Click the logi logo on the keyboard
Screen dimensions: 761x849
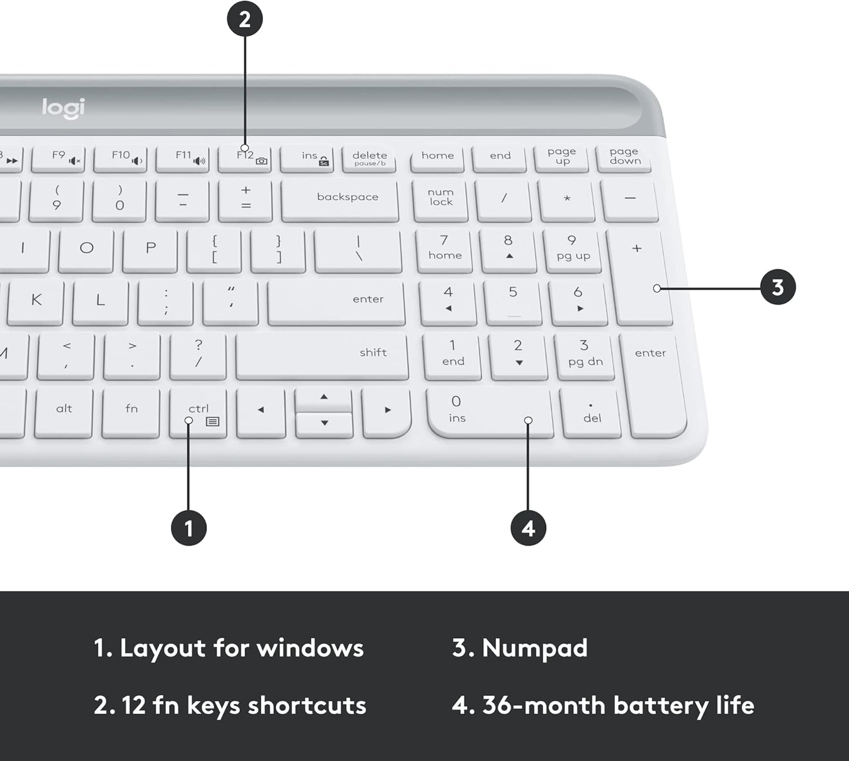(x=63, y=108)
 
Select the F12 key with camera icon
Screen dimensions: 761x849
(x=245, y=159)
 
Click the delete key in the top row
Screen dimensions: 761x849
(x=369, y=159)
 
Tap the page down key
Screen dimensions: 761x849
(x=624, y=157)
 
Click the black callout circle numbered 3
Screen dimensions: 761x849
(x=777, y=288)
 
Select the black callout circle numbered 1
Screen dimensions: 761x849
(x=189, y=528)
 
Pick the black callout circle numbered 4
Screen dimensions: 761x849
(x=528, y=528)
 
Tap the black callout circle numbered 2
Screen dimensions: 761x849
(x=244, y=19)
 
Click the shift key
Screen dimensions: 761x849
(x=322, y=356)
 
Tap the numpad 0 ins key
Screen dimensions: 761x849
(x=489, y=412)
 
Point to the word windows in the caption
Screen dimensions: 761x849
(x=310, y=648)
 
